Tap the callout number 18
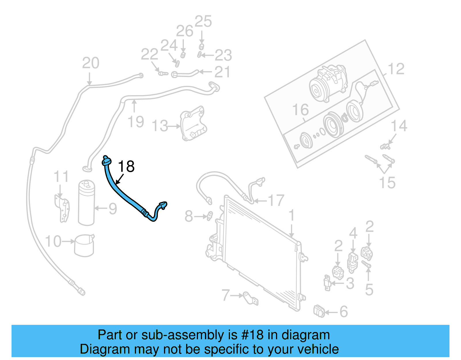tap(126, 167)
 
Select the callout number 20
tap(90, 63)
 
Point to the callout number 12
tap(396, 69)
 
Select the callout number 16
tap(300, 110)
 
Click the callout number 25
tap(203, 22)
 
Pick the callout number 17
tap(276, 201)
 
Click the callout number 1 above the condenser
tap(292, 216)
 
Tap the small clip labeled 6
tap(319, 311)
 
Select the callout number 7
tap(226, 295)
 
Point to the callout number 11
tap(61, 177)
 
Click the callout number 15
tap(387, 182)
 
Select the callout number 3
tap(350, 284)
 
